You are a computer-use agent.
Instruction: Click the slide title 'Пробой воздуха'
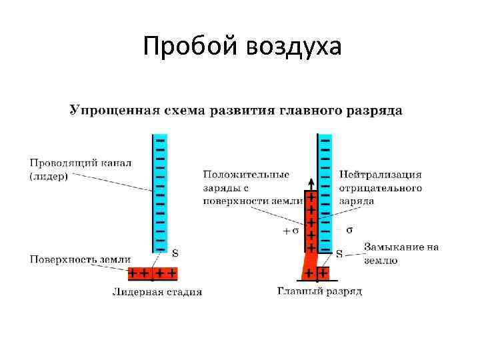tap(242, 46)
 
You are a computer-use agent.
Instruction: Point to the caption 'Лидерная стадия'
tap(157, 292)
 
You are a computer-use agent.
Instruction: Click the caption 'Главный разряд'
tap(319, 292)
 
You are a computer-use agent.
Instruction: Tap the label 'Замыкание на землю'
tap(401, 253)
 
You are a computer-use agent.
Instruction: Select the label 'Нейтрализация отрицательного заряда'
tap(380, 187)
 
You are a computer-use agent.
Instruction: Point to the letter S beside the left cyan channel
tap(175, 253)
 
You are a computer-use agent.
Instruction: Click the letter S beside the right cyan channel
tap(339, 253)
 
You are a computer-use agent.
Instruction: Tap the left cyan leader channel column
tap(160, 193)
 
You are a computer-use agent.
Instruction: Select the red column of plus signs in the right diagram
tap(310, 223)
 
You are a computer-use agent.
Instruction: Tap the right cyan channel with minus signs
tap(325, 193)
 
